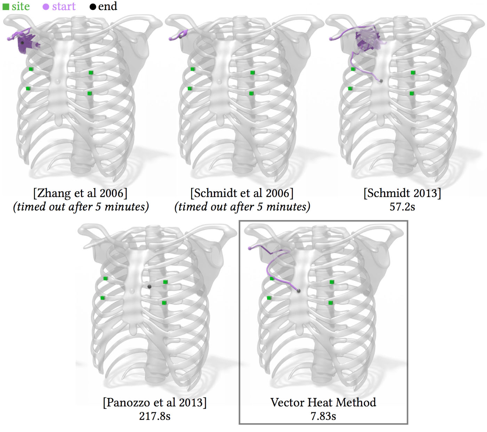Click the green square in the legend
coord(6,7)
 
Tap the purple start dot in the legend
coord(46,7)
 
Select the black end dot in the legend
coord(93,7)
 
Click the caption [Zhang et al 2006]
coord(80,193)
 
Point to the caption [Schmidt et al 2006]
coord(242,193)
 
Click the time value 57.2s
coord(402,207)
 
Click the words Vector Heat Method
coord(323,402)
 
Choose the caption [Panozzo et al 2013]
coord(154,402)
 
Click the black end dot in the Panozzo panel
coord(149,287)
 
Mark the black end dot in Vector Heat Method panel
coord(298,291)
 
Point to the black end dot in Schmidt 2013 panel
coord(381,81)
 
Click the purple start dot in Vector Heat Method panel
coord(250,248)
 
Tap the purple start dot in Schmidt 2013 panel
coord(331,39)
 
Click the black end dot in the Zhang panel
coord(22,43)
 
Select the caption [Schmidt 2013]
coord(402,193)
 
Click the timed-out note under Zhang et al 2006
coord(81,207)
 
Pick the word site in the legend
coord(21,7)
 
